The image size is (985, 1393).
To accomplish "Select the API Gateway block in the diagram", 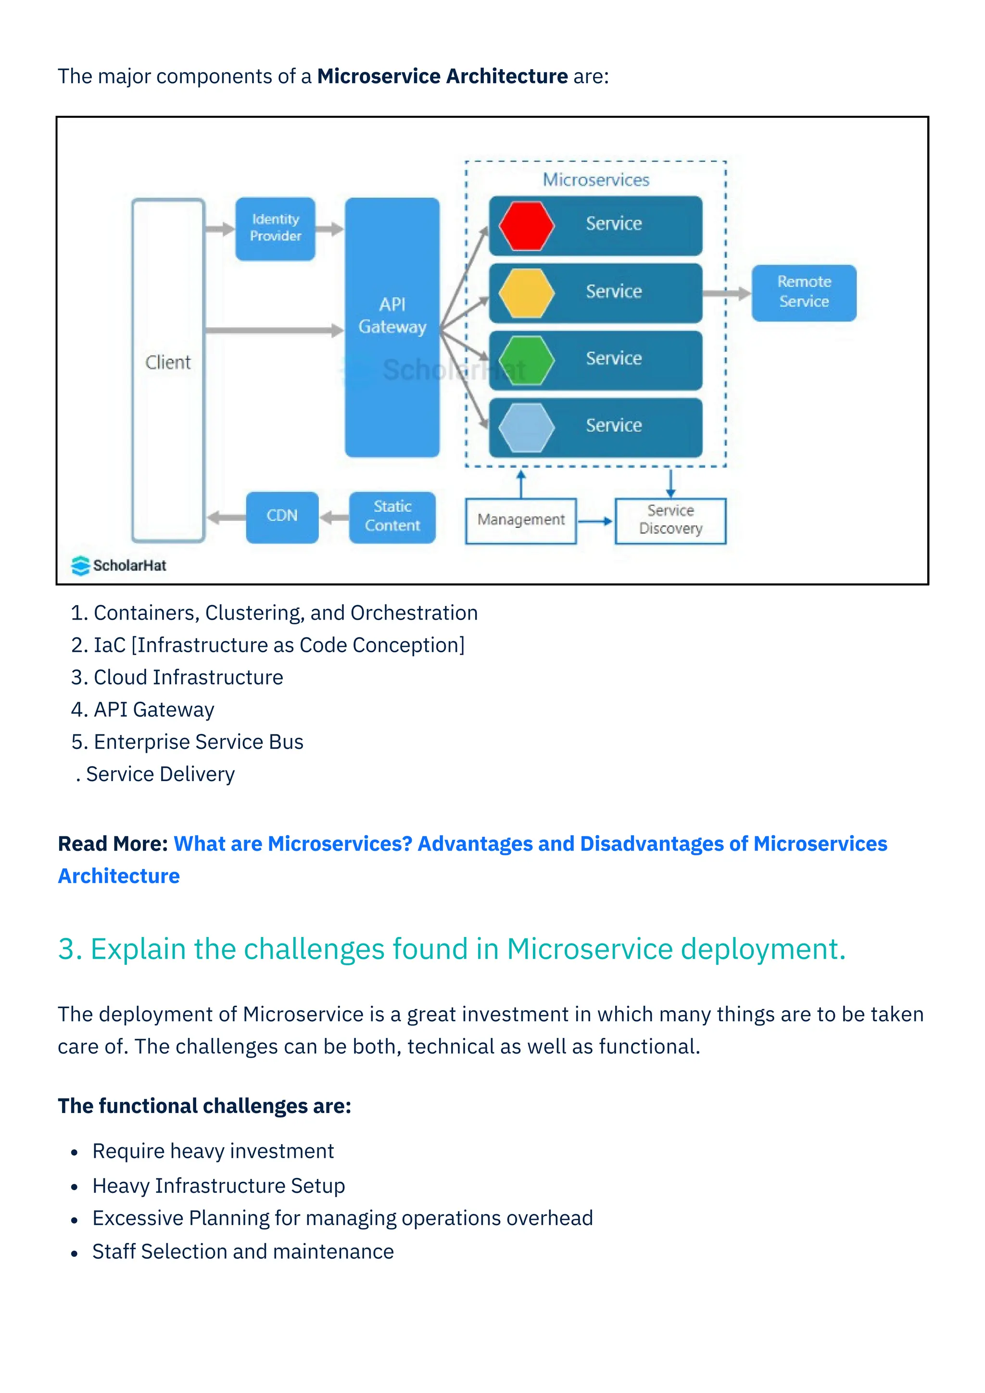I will [392, 327].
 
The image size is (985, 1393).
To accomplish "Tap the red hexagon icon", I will [526, 225].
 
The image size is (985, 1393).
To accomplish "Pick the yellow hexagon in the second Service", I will [526, 293].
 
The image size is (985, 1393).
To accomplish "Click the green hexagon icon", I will [526, 360].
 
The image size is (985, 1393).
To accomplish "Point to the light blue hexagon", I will [526, 427].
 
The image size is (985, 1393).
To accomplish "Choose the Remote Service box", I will [804, 292].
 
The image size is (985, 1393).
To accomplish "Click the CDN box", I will [282, 517].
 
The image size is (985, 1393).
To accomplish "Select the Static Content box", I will [392, 517].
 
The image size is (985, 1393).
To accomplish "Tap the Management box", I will [520, 520].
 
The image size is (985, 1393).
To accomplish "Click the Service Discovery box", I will [670, 520].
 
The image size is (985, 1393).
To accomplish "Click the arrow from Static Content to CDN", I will [334, 518].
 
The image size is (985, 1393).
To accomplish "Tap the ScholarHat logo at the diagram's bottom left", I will [119, 566].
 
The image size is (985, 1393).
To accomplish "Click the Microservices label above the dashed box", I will [595, 180].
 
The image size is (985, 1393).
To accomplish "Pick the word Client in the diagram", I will [168, 363].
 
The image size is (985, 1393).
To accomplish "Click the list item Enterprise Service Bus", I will [198, 742].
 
